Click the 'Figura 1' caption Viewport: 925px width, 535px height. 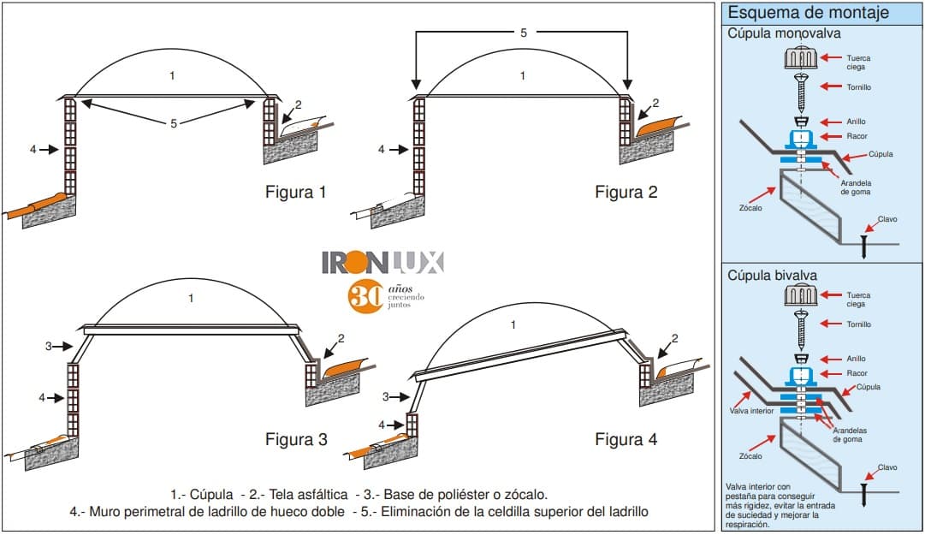point(295,193)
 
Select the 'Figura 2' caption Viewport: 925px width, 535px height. point(626,193)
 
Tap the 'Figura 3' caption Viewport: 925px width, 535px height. point(295,440)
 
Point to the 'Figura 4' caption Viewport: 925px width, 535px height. point(626,440)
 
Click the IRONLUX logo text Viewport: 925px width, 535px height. point(382,262)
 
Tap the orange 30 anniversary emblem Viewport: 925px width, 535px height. point(365,296)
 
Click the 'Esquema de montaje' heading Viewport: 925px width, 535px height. point(808,13)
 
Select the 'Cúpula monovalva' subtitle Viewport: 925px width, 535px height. point(784,33)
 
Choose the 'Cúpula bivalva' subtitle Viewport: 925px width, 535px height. point(772,276)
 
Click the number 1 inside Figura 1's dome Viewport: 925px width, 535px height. point(172,76)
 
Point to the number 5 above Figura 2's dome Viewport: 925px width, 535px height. point(523,33)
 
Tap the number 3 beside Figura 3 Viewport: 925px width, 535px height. point(49,347)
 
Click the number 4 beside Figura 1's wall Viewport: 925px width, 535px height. point(33,150)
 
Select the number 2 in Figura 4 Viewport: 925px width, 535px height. point(674,338)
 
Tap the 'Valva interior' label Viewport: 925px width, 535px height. point(751,411)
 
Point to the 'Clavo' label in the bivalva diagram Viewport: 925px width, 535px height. point(887,467)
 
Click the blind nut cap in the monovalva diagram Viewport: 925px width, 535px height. point(801,58)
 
